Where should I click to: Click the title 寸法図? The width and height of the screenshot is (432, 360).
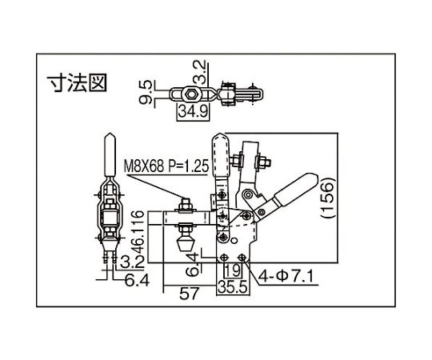point(77,82)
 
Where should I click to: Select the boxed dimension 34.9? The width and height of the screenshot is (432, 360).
point(193,112)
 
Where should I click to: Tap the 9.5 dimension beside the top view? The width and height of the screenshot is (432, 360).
point(146,92)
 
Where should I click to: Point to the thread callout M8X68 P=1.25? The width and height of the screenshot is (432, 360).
point(166,166)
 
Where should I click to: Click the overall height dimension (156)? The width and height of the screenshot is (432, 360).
point(329,198)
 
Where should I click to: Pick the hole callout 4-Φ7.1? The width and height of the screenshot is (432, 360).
point(286,276)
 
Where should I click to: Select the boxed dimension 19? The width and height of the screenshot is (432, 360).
point(233,270)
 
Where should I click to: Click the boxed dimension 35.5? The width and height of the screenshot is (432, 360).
point(233,287)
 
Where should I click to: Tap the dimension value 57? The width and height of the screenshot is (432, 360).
point(189,293)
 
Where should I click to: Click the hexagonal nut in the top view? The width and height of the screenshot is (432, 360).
point(190,94)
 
